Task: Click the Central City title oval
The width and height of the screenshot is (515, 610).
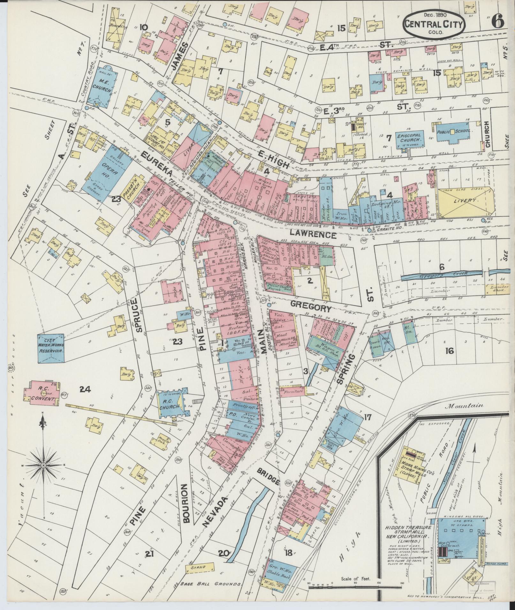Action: pos(433,24)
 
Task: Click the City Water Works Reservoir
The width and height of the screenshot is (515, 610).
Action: pos(51,348)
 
